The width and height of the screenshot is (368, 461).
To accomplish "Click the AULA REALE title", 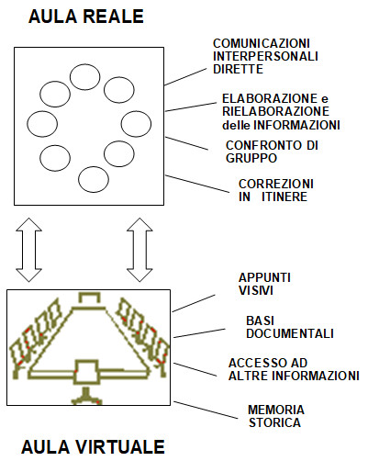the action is click(x=86, y=17).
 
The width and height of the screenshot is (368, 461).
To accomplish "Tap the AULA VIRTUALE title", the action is click(x=93, y=446).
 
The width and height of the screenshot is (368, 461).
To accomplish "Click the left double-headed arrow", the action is click(x=28, y=250).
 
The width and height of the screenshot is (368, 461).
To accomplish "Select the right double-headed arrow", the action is click(x=139, y=250).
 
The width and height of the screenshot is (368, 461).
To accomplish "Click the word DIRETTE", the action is click(x=238, y=69).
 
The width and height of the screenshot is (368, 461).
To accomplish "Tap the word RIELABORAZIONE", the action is click(x=275, y=111).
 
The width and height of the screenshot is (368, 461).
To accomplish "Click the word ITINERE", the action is click(x=284, y=197).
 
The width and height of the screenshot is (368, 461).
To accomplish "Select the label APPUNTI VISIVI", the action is click(x=264, y=284).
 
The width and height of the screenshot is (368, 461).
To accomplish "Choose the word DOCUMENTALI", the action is click(x=290, y=333).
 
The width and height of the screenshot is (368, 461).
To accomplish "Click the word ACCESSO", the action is click(x=255, y=363).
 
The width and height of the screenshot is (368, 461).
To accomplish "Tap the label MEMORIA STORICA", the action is click(x=276, y=416).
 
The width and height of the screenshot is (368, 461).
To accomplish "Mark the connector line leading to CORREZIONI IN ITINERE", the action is click(x=197, y=184).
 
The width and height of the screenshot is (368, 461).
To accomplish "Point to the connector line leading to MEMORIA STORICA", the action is click(x=206, y=410).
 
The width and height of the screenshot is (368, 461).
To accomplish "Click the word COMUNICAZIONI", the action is click(x=262, y=43).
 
